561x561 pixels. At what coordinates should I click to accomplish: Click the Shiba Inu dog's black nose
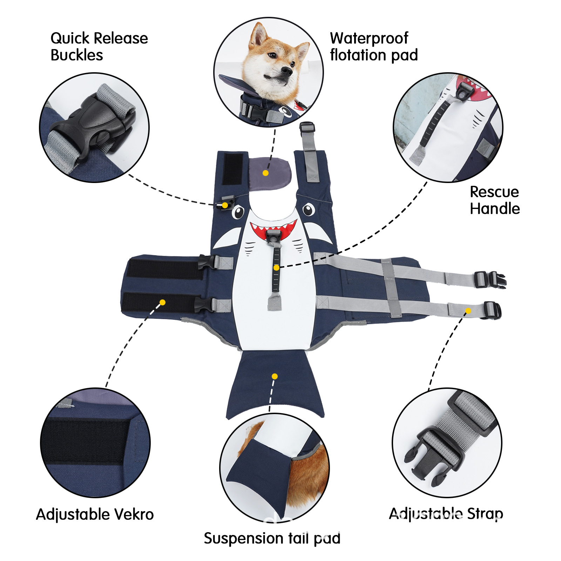(x=286, y=71)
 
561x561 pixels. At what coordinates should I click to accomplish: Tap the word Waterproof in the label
(x=369, y=38)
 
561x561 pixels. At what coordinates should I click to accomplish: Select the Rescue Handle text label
(x=494, y=200)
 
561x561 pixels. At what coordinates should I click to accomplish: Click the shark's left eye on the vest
(x=238, y=212)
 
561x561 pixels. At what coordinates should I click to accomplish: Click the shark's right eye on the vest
(x=309, y=210)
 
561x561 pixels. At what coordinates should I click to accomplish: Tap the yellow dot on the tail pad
(x=275, y=376)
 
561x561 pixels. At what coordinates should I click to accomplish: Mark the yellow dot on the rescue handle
(x=276, y=268)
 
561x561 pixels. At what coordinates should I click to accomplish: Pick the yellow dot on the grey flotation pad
(x=265, y=173)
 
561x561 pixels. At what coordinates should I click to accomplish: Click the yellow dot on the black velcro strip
(x=162, y=302)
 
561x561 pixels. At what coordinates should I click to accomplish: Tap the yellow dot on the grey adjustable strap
(x=468, y=311)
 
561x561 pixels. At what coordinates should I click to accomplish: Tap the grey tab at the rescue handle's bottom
(x=274, y=302)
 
